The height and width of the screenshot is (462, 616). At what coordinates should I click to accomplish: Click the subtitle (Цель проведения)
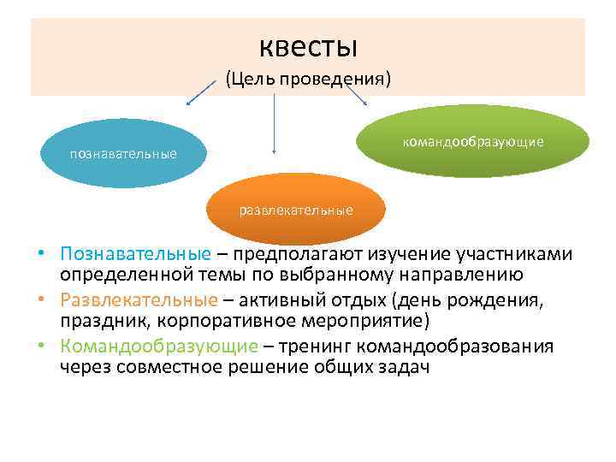coord(307,80)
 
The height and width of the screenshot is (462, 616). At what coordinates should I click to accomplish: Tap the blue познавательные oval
coord(123,154)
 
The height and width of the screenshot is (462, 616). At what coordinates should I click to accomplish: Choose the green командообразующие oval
coord(472,141)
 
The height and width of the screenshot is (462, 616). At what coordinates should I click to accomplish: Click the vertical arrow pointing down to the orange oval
coord(274,124)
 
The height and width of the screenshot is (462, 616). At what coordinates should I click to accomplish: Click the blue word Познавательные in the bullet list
coord(135,255)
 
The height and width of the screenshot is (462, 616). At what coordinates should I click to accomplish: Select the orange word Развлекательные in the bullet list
coord(139,300)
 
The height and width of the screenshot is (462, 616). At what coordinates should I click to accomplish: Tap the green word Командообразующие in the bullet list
coord(158,346)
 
